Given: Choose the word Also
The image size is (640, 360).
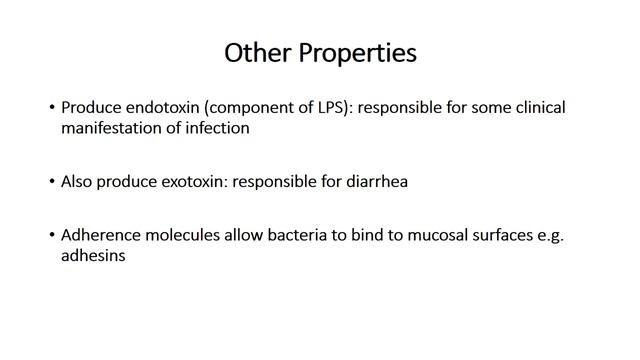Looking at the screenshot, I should (x=79, y=182).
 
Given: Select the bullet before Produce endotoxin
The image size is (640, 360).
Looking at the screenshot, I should (x=51, y=107).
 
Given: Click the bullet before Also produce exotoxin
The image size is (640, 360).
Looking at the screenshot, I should (x=51, y=182).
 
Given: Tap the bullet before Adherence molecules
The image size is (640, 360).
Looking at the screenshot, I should (x=51, y=235).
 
